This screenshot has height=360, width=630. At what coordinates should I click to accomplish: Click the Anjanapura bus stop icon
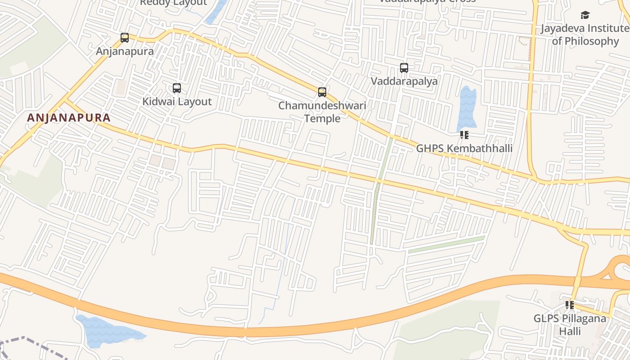coord(125,38)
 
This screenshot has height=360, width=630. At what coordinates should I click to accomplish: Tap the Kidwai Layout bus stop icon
coord(177,88)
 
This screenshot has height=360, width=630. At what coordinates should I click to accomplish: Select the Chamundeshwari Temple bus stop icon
coord(322,92)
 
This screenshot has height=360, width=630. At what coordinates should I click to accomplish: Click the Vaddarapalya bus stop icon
coord(404,68)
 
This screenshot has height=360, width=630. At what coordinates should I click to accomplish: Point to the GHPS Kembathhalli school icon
coord(464,135)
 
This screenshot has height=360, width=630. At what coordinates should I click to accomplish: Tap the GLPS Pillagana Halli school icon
coord(570,305)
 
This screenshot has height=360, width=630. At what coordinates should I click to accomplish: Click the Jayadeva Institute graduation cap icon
coord(585,15)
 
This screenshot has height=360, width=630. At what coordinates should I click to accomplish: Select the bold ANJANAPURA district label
coord(68,118)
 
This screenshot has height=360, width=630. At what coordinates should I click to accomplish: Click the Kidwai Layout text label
coord(177,102)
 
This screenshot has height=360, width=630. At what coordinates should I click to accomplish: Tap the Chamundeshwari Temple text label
coord(322,112)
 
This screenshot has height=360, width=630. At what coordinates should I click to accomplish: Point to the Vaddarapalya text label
coord(404,81)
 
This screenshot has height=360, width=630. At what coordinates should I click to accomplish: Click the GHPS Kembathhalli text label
coord(464,148)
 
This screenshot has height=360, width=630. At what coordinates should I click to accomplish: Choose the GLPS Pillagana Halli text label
coord(570,325)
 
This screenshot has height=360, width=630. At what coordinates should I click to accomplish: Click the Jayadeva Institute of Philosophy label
coord(585,35)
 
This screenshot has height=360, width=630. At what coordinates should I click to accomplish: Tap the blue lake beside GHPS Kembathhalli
coord(467,108)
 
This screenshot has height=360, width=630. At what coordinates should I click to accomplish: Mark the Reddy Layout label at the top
coord(173,3)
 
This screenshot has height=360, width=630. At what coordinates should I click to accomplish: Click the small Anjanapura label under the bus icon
coord(125,51)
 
